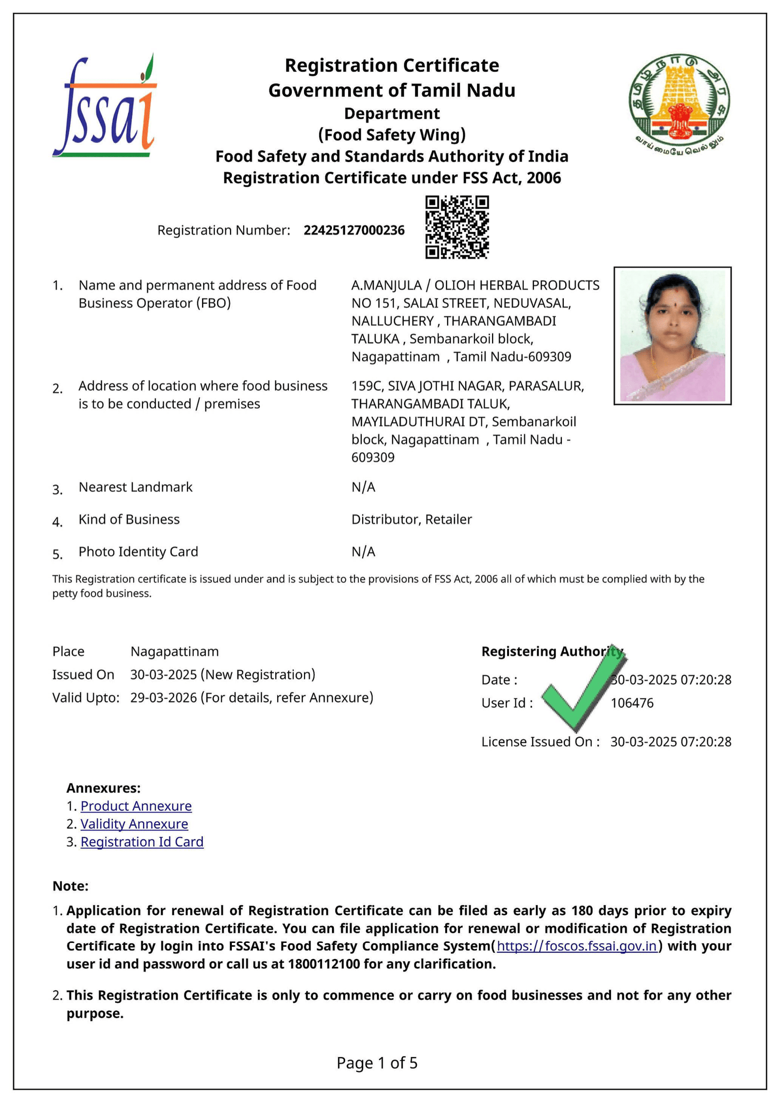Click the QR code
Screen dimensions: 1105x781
coord(457,227)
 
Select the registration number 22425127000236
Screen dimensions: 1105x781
coord(354,230)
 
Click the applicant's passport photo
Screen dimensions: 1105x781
coord(672,335)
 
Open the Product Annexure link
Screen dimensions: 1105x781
coord(136,806)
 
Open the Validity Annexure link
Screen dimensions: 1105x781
coord(134,824)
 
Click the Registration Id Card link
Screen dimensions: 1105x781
coord(142,842)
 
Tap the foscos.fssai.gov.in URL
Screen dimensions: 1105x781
coord(576,946)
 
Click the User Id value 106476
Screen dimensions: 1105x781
coord(632,703)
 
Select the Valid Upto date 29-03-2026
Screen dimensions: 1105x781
coord(164,697)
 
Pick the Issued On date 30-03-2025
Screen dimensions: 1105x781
coord(164,674)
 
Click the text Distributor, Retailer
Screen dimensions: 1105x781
coord(411,519)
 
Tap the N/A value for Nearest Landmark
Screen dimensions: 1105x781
coord(363,487)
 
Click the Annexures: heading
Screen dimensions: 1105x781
coord(103,788)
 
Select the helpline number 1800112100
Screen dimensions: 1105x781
coord(324,964)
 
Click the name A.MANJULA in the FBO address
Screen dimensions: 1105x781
coord(386,285)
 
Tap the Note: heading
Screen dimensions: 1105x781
coord(70,886)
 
